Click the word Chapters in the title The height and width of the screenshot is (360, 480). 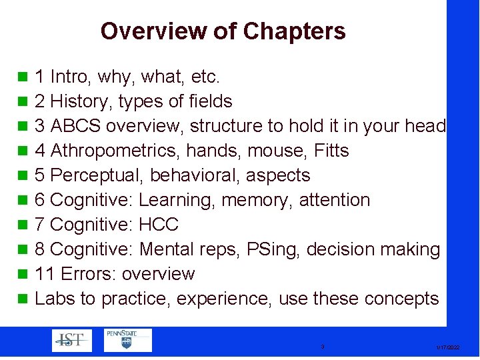coord(294,31)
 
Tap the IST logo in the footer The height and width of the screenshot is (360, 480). coord(72,341)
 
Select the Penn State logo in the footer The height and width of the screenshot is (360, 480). coord(127,340)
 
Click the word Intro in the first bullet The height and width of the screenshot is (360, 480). coord(71,77)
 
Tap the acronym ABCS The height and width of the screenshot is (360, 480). coord(75,127)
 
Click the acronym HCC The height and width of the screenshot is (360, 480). coord(159,225)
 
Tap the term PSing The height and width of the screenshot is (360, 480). coord(270,249)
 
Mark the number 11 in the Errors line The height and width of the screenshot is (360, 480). coord(42,274)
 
